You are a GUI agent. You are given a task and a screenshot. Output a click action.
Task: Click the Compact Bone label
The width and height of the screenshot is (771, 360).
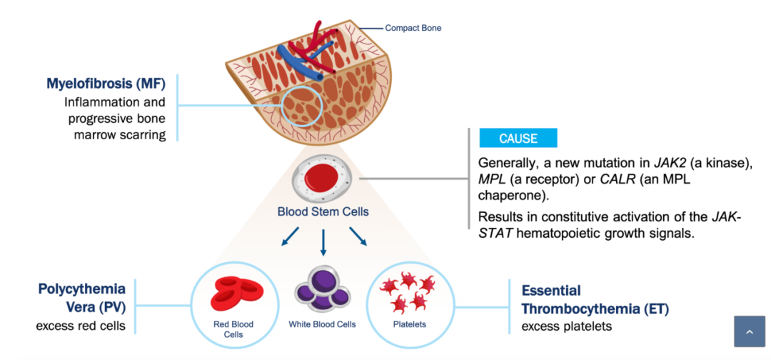click(x=413, y=28)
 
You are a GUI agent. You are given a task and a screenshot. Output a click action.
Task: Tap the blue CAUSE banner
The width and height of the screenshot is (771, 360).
click(x=518, y=138)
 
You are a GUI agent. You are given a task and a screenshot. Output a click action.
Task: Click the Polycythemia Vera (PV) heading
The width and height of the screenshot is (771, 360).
click(x=82, y=298)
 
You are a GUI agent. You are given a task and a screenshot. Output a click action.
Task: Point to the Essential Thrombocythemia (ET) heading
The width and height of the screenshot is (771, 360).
click(x=595, y=299)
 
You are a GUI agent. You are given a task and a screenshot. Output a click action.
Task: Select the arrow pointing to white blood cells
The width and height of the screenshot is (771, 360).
click(x=323, y=242)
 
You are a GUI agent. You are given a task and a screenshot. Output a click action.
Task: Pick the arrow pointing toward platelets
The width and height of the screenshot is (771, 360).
click(x=358, y=236)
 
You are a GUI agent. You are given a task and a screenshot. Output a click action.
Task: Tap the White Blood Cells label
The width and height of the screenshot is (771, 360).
click(x=322, y=324)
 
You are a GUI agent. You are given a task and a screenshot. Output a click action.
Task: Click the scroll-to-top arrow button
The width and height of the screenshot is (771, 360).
click(x=750, y=331)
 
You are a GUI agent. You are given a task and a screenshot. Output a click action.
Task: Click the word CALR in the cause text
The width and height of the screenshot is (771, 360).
click(x=613, y=179)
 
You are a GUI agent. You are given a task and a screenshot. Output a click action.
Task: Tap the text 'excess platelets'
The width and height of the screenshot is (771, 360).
click(x=566, y=326)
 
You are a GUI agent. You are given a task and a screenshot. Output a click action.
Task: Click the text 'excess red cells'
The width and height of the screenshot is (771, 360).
click(x=81, y=326)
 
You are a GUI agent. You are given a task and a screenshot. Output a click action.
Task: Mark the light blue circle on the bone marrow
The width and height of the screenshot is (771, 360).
click(x=282, y=106)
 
